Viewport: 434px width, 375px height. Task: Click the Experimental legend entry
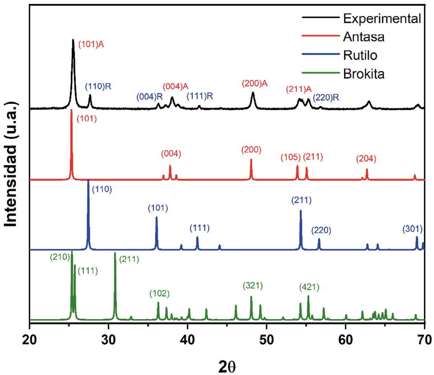point(382,18)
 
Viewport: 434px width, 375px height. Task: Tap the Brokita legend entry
point(364,74)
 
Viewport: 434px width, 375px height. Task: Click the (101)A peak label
point(91,44)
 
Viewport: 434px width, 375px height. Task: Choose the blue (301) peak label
point(413,229)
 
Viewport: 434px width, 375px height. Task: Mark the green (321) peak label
point(253,286)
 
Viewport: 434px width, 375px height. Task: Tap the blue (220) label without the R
point(321,230)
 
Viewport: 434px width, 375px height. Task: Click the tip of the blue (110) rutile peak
point(88,180)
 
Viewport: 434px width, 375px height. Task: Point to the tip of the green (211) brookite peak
point(115,253)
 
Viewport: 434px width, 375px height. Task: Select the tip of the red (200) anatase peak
point(251,159)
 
